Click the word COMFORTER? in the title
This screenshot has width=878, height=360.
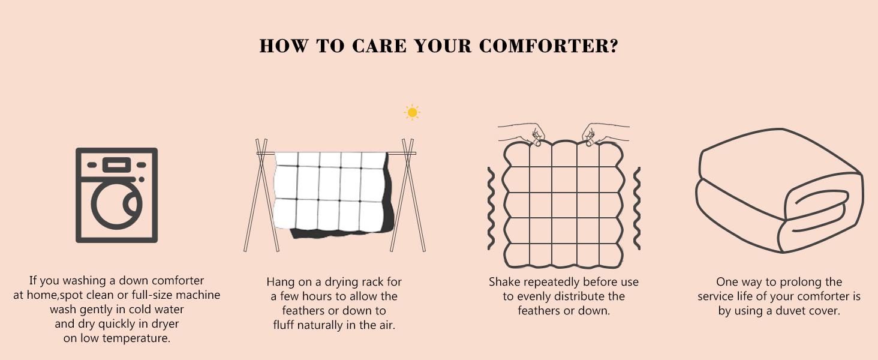(548, 46)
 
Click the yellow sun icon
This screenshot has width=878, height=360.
(412, 113)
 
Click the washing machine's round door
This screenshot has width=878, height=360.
(116, 205)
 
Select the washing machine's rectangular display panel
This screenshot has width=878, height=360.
(116, 165)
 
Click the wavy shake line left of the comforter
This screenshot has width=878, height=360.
(491, 208)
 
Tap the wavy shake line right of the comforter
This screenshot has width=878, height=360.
(637, 208)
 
